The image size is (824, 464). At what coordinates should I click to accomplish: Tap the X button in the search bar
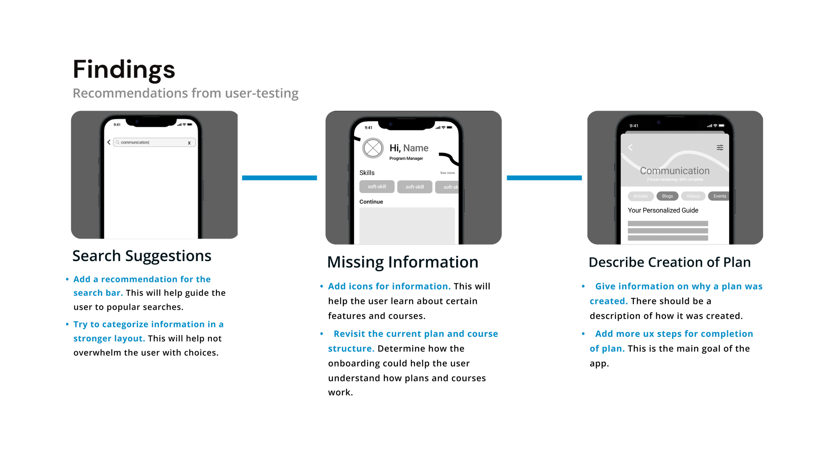pos(189,143)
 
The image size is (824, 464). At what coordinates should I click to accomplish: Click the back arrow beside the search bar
pos(109,142)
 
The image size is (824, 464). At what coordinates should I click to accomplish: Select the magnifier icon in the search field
pos(117,142)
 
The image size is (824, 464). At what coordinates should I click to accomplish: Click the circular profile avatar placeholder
pos(373,148)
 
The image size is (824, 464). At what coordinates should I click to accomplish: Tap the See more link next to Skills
pos(447,173)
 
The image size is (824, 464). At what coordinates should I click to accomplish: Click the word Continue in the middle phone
pos(371,202)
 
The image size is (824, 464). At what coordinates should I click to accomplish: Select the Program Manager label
pos(406,159)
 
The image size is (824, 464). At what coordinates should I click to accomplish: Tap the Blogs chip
pos(667,196)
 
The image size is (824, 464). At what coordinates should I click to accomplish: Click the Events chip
pos(720,196)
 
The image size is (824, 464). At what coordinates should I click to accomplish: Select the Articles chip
pos(640,196)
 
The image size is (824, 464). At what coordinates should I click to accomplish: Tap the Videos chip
pos(693,196)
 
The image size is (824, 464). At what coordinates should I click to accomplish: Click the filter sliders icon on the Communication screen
pos(720,147)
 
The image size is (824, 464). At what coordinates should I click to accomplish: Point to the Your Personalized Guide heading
pos(663,210)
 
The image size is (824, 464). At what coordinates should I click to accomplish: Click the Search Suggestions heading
pos(142,256)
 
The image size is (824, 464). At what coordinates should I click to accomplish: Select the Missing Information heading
pos(402,263)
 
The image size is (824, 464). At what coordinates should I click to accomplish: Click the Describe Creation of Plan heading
pos(670,263)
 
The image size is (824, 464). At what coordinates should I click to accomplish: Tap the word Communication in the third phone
pos(675,171)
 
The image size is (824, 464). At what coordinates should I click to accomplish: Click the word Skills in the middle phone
pos(367,173)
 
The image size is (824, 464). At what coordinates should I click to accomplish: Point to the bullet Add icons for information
pos(389,287)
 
